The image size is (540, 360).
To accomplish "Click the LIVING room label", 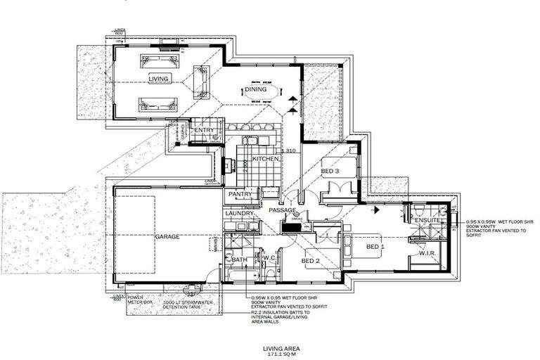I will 158,79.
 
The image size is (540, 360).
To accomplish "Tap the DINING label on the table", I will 255,89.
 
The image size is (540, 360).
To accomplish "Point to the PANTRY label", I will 239,193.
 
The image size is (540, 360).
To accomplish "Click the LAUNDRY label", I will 238,213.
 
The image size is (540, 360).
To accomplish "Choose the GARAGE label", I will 167,237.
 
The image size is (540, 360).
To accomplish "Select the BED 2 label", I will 311,261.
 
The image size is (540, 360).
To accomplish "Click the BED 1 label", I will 375,247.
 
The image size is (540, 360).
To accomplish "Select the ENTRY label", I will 204,130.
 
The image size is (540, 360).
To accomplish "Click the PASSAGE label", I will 281,210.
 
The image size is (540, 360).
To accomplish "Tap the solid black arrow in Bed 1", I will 378,209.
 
